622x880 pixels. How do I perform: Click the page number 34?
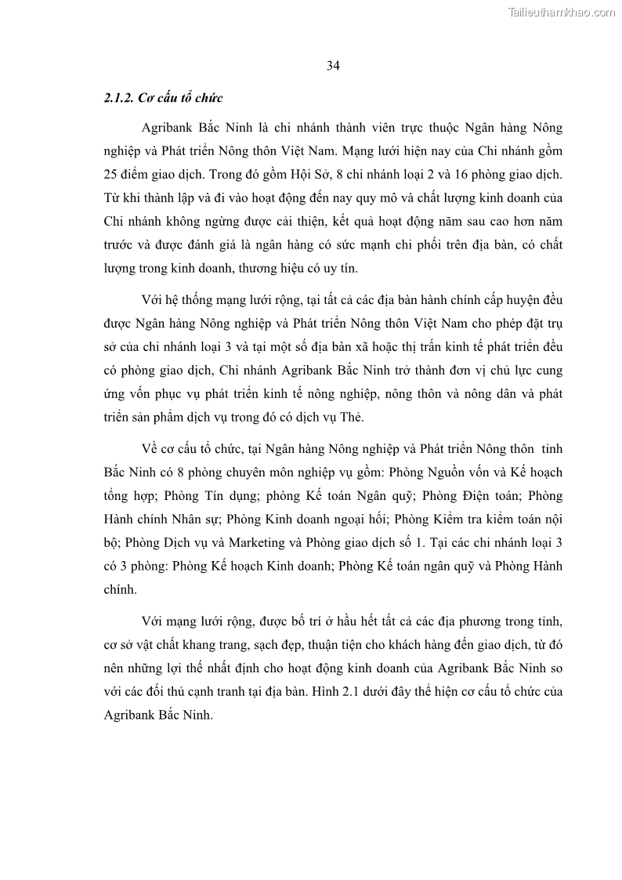click(x=333, y=66)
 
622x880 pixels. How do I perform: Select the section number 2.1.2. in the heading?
click(x=118, y=98)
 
